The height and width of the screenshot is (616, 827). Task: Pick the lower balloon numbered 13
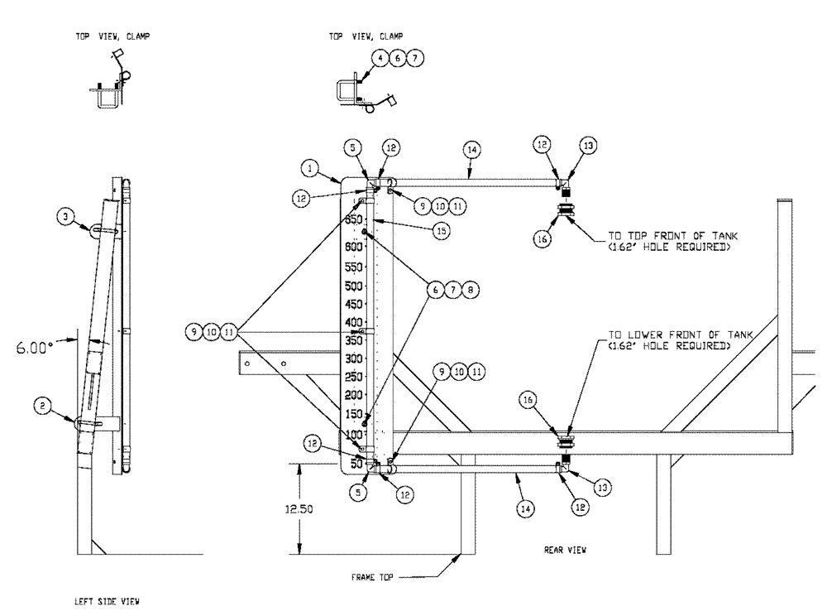(x=605, y=488)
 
